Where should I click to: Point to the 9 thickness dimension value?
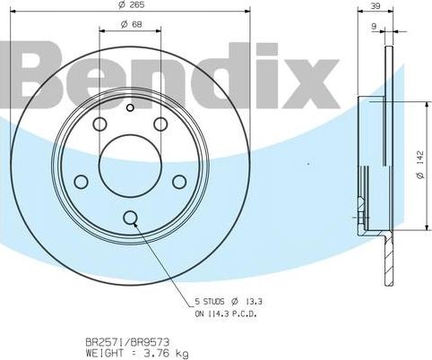(x=373, y=27)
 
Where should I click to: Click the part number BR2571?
(x=104, y=342)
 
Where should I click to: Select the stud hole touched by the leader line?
(x=130, y=217)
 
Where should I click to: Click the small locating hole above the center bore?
(x=130, y=109)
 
